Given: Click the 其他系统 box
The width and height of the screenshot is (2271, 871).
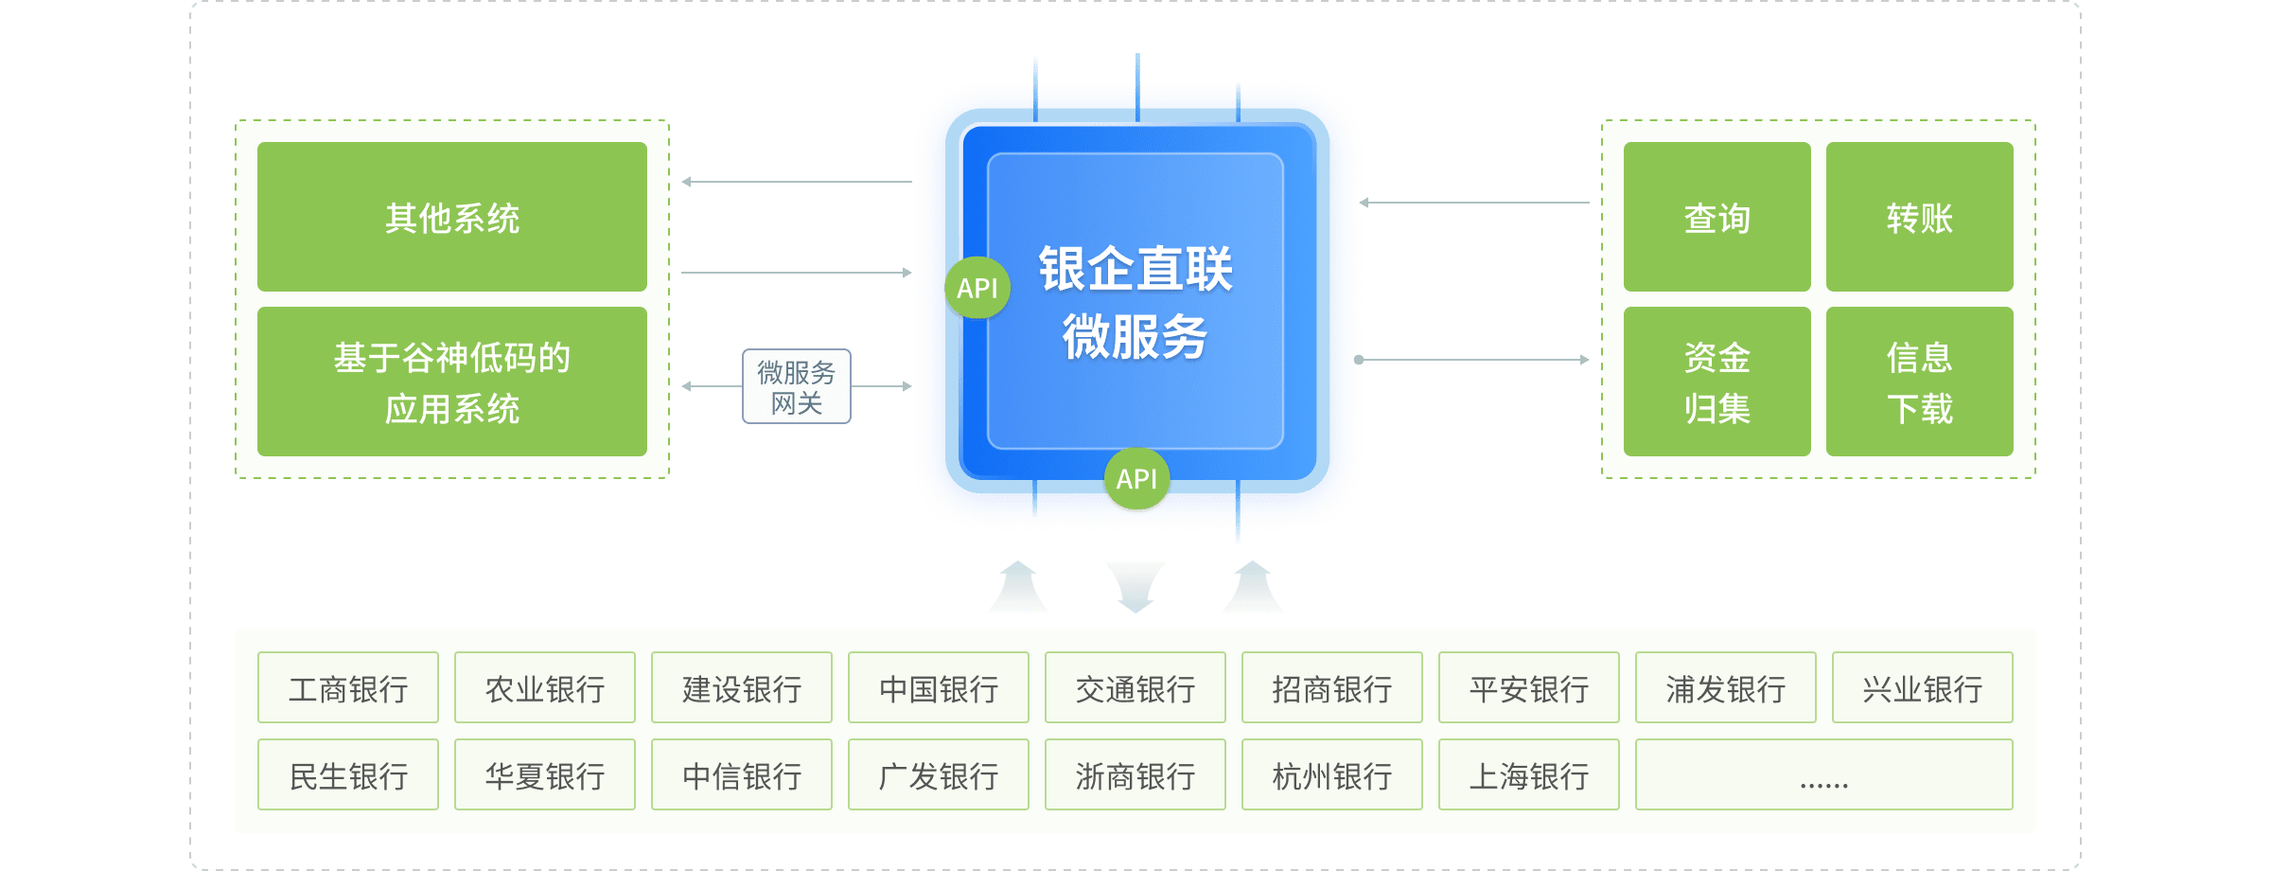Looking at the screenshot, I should click(452, 218).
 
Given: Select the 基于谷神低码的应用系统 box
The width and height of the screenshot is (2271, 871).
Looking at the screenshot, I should click(452, 382).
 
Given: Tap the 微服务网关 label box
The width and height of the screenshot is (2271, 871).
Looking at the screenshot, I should click(796, 387).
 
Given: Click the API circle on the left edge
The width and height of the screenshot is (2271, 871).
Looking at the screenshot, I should click(977, 288).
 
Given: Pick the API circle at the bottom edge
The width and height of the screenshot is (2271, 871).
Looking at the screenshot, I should click(1136, 479).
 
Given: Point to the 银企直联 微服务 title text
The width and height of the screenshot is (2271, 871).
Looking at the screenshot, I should click(1135, 302).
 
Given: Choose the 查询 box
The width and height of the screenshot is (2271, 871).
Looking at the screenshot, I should click(1716, 218).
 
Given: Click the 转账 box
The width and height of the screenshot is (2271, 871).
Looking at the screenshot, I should click(1919, 218).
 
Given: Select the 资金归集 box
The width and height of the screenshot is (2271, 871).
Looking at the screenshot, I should click(1716, 382).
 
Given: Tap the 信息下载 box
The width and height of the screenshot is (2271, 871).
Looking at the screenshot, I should click(1919, 382).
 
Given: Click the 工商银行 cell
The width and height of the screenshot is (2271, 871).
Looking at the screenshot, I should click(348, 689).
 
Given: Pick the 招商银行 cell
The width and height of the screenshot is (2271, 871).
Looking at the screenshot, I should click(1332, 689).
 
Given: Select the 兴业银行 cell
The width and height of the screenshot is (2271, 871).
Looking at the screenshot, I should click(1922, 689).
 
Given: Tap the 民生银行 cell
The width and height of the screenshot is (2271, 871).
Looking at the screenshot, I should click(348, 776).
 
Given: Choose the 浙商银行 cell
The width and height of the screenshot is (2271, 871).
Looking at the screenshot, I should click(1135, 776).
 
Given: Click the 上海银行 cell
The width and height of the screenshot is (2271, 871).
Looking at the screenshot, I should click(1529, 776).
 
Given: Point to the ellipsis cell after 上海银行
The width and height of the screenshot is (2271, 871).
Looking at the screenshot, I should click(1823, 776).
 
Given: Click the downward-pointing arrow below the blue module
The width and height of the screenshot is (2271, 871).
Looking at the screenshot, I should click(1135, 586).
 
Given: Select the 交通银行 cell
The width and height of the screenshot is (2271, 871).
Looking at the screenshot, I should click(1135, 689).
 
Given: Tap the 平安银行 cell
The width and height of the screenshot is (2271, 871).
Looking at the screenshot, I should click(1529, 689).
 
